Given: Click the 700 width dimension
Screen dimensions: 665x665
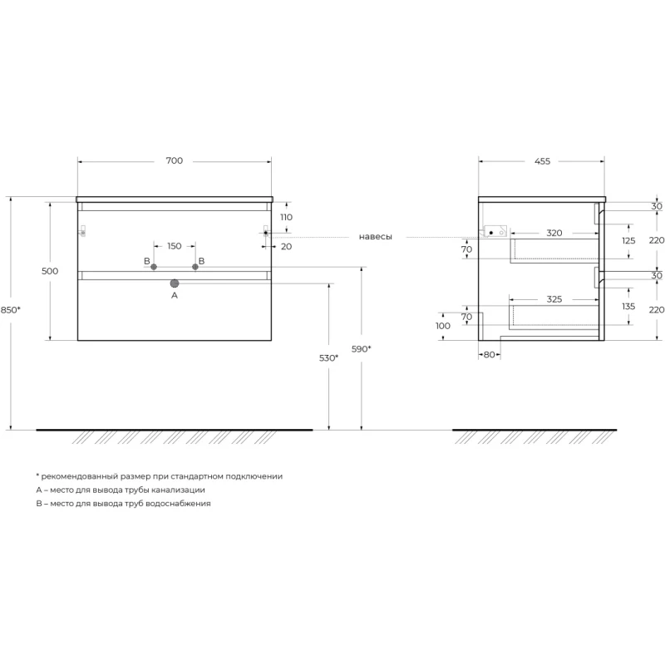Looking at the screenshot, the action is pos(175,160).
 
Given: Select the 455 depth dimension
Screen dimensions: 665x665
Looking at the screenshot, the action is pos(542,161).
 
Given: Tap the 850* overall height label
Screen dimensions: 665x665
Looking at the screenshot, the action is pos(10,310).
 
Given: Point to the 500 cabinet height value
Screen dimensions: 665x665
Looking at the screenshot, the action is pos(50,271).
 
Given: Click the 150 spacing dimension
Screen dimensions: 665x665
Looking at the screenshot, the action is pos(175,246).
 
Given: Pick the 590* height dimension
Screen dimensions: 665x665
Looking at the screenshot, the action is pos(362,349).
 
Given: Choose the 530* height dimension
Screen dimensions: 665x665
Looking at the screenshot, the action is pos(328,358).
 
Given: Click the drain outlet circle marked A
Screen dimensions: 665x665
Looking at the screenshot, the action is pos(175,283).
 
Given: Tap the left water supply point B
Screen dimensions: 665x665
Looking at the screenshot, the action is pos(154,267).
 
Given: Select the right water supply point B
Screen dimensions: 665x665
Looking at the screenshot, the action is pos(195,267).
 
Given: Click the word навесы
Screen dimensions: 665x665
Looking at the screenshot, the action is pos(376,237).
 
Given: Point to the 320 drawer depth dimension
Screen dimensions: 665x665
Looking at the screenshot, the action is pos(554,233).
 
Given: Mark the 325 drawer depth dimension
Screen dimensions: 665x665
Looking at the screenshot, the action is pos(554,299).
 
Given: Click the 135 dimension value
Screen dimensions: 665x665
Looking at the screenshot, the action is pos(628,306).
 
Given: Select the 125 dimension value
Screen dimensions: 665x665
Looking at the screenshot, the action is pos(628,240).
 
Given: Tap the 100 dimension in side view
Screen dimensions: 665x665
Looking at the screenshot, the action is pos(443,326).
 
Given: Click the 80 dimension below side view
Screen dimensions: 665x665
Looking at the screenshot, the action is pos(489,355).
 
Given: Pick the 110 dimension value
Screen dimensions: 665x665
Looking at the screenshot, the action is pos(286,217).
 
